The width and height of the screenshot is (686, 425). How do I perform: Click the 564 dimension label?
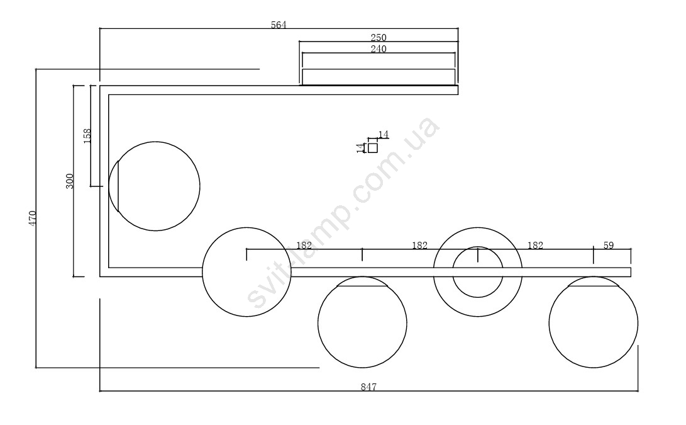[279, 25]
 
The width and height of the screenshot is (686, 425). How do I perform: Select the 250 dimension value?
[379, 38]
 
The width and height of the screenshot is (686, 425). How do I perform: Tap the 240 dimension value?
[379, 48]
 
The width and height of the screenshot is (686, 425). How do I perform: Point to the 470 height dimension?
[32, 218]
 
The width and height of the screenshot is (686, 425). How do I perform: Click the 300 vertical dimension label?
[70, 181]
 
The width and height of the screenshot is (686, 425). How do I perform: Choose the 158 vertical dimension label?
[87, 136]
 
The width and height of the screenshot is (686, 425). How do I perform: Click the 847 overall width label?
[368, 387]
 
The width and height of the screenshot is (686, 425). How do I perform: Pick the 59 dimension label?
[609, 246]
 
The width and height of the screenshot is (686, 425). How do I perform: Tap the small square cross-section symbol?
[373, 148]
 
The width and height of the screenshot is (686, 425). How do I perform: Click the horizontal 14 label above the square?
[384, 134]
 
